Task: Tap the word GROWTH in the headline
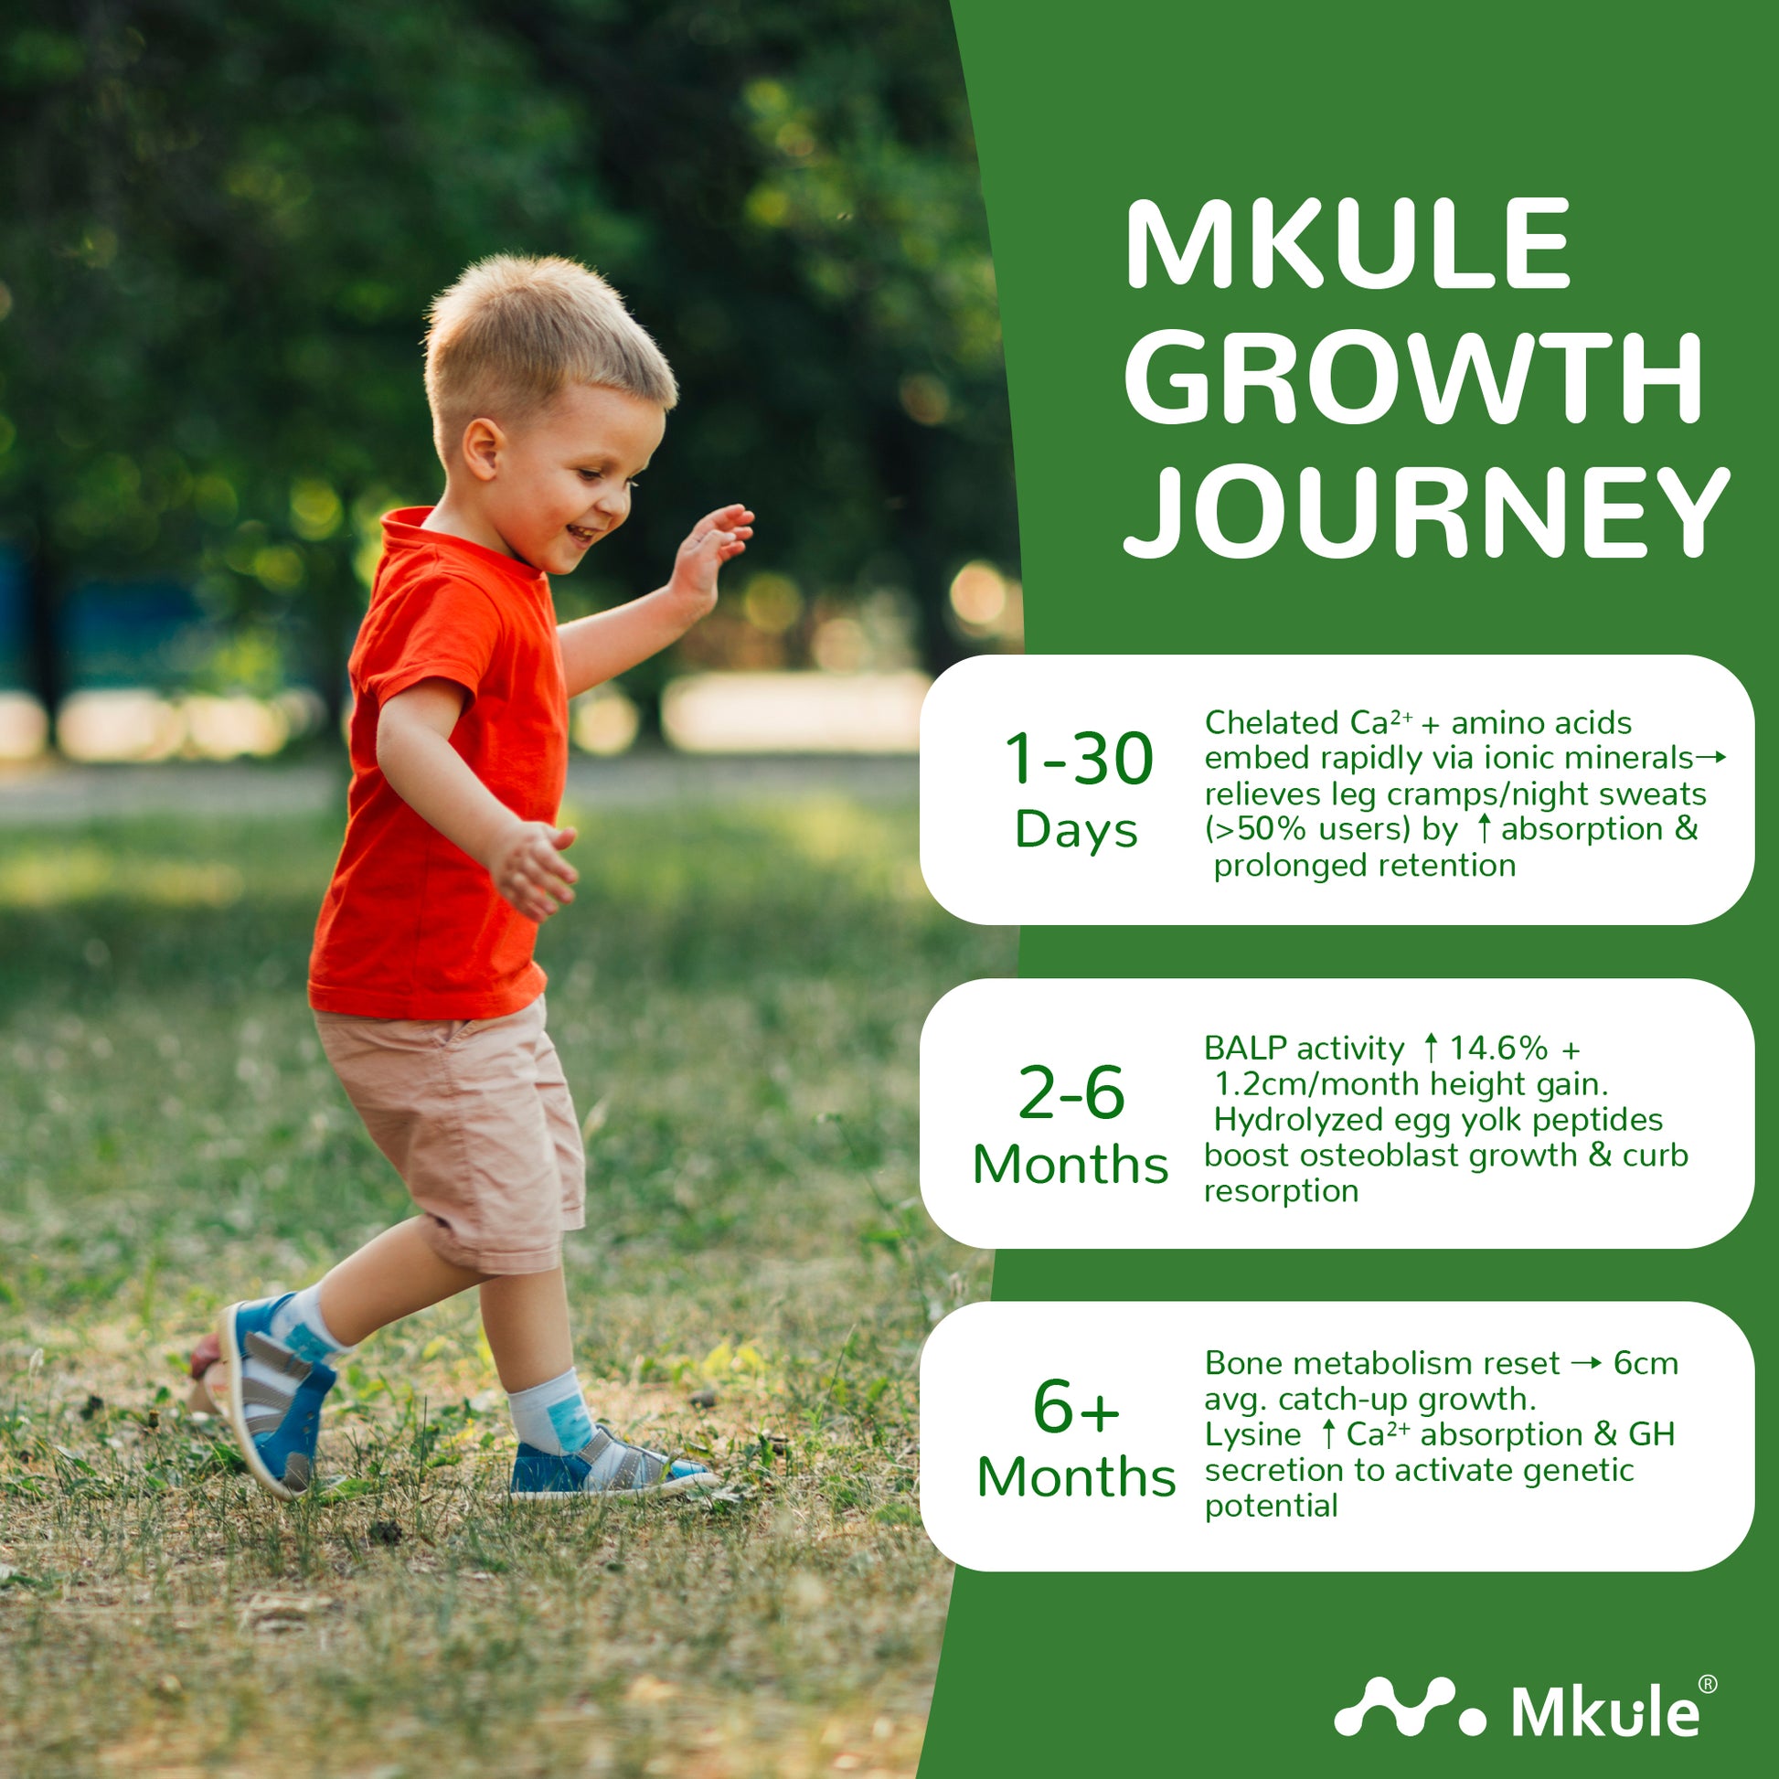[1412, 378]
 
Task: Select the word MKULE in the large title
[1347, 244]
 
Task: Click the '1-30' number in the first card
[1077, 759]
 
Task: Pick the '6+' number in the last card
[1075, 1407]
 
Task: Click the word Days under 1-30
[1075, 832]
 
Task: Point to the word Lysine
[1252, 1435]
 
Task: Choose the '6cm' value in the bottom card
[1646, 1364]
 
